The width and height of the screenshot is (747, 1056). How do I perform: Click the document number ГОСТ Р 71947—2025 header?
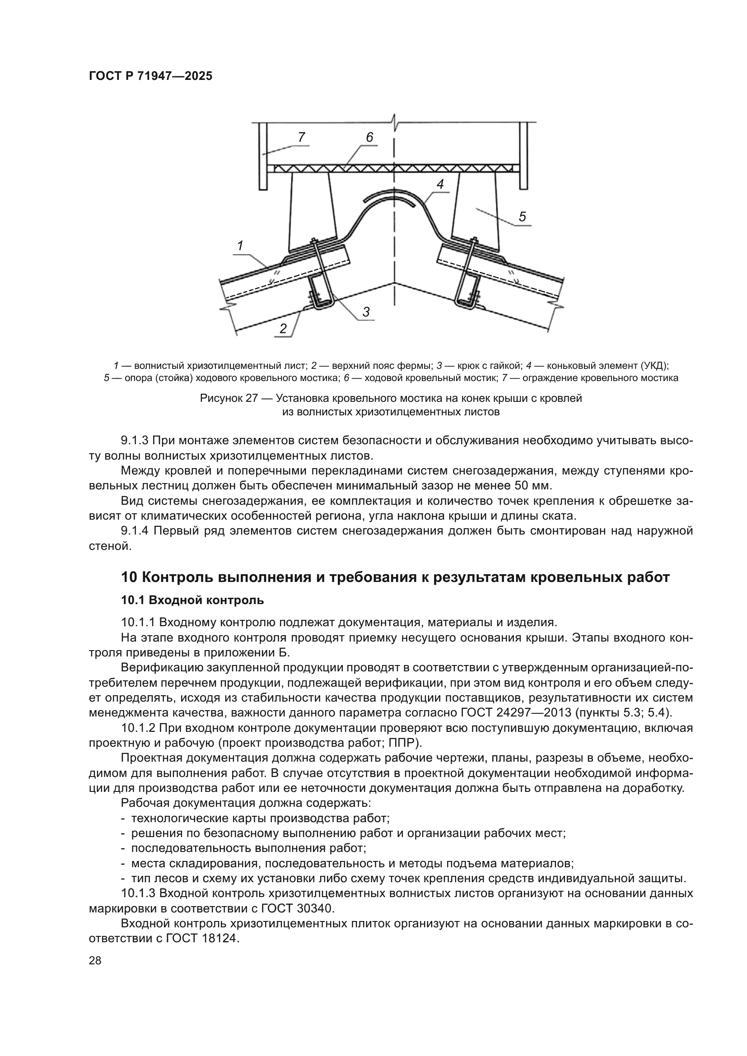click(x=150, y=76)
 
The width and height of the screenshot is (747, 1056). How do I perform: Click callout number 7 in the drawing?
click(x=301, y=137)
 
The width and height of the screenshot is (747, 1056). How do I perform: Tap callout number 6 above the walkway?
click(x=369, y=137)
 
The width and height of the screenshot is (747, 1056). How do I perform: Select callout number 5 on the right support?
click(x=522, y=217)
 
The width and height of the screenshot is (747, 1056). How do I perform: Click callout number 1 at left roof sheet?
click(x=240, y=246)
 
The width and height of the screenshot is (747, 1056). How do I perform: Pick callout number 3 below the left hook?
click(x=366, y=312)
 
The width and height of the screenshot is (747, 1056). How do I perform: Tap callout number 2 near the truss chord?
click(x=283, y=328)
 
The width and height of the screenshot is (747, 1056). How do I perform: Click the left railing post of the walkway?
click(x=263, y=156)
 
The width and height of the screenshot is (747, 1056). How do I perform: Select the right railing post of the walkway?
click(x=524, y=156)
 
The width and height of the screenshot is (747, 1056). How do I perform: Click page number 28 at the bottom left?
click(x=95, y=961)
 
